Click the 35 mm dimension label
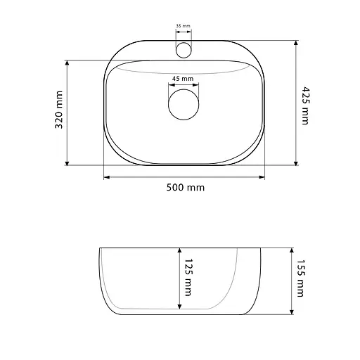[183, 26]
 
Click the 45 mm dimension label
[183, 79]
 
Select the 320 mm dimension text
[59, 110]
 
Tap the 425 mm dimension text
[306, 105]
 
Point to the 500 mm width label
[186, 188]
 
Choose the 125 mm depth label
[188, 278]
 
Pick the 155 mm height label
[301, 278]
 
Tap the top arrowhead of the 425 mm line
[296, 43]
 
